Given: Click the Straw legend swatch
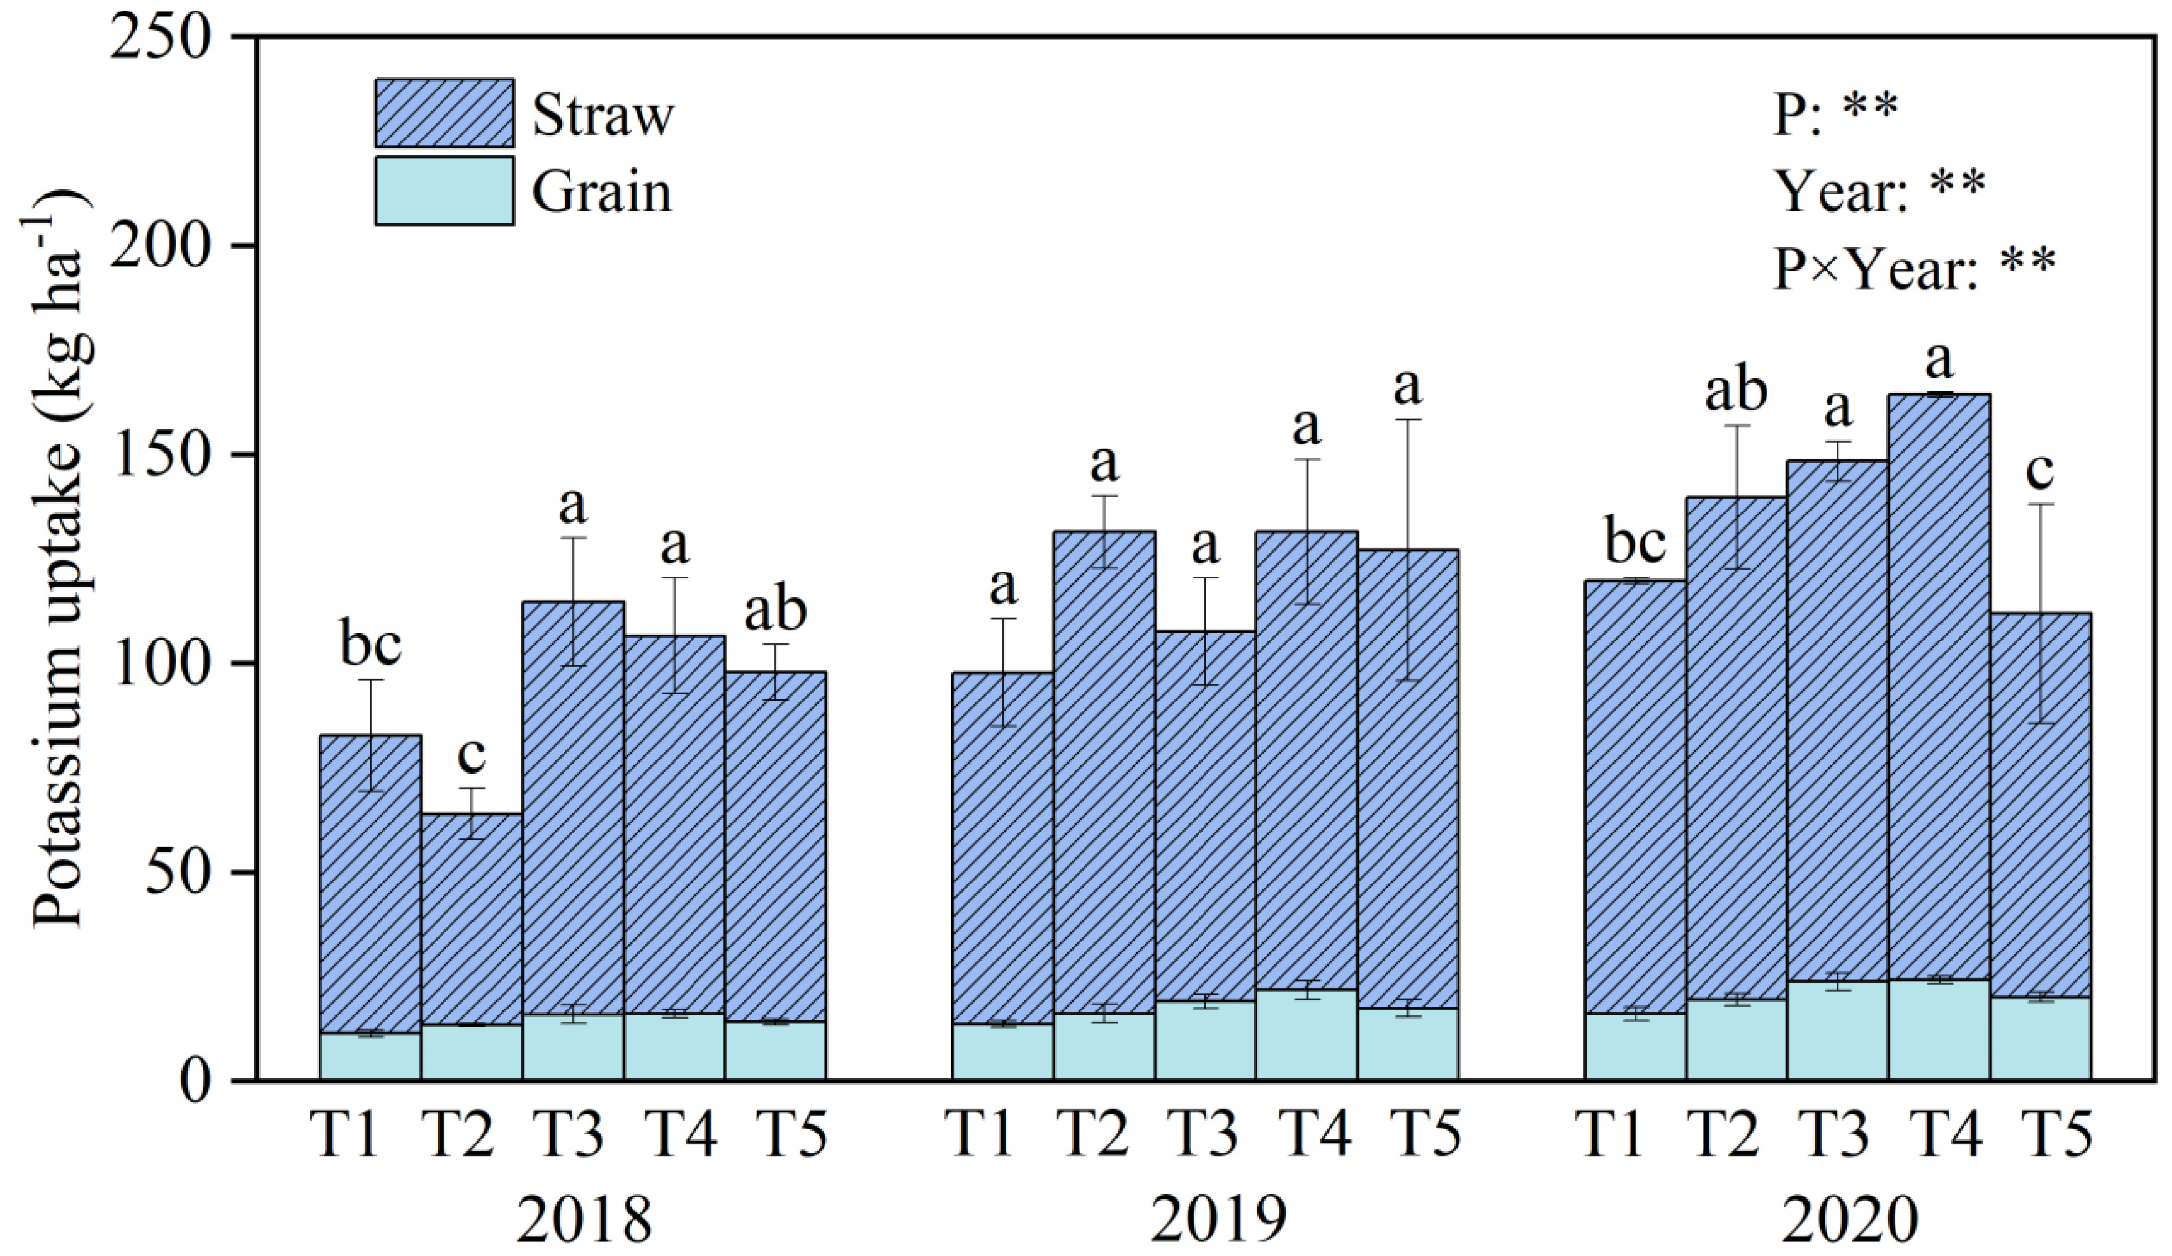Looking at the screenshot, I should point(444,113).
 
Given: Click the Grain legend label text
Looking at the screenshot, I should point(601,191).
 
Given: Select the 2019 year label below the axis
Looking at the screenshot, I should point(1218,1218).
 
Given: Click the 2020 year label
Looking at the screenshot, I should point(1850,1218).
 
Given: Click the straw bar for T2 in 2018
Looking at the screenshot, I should point(471,918).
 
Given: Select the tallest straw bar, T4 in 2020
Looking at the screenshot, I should point(1939,689).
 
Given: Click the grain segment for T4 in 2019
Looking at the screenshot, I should point(1306,1035).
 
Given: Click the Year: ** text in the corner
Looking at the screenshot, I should point(1880,191).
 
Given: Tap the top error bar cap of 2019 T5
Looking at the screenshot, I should point(1408,420).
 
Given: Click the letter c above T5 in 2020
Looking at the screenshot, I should point(2039,471).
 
